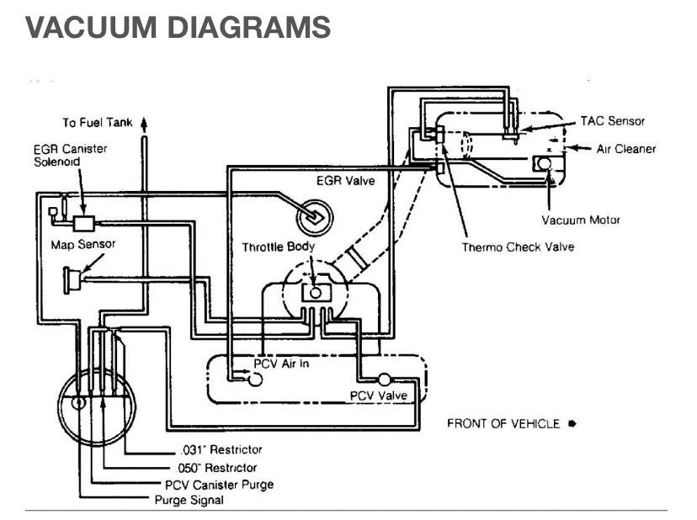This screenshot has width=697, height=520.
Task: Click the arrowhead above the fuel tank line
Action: [144, 122]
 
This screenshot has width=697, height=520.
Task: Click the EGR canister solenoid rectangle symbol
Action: [85, 223]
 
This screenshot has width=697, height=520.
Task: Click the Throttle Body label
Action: [279, 247]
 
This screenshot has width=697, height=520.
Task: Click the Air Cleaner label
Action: [625, 149]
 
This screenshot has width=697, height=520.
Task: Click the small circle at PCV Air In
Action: [255, 379]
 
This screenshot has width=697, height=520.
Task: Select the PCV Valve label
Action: [379, 395]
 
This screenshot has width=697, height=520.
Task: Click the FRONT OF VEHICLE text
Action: [503, 423]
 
